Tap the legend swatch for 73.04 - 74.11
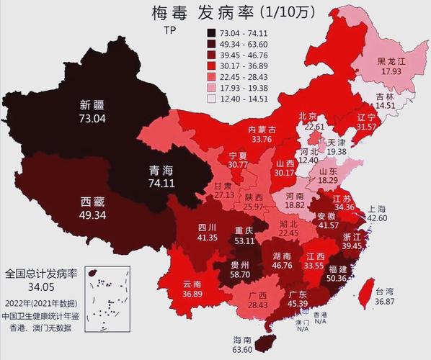point(211,33)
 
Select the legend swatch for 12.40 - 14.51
point(211,98)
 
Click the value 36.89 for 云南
point(192,294)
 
